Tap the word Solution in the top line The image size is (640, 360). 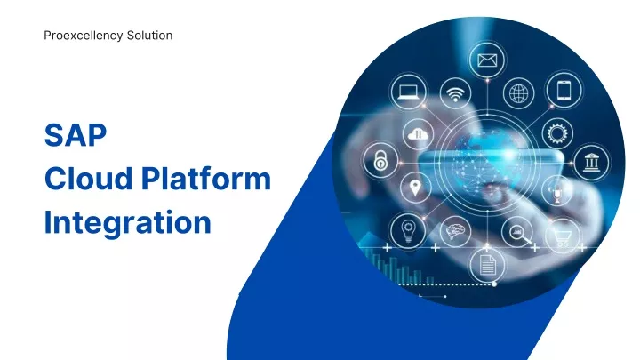150,36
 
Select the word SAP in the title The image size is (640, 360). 76,135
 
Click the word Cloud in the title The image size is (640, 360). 88,179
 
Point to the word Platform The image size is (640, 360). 206,179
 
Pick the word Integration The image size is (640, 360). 127,223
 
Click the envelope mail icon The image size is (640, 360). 487,60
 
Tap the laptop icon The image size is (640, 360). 408,92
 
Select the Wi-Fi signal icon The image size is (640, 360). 455,94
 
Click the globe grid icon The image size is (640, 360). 518,94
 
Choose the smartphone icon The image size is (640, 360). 564,90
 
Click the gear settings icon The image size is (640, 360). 557,133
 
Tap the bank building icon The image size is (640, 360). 591,163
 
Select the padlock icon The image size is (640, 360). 380,160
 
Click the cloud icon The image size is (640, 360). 418,134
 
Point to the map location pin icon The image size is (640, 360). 415,188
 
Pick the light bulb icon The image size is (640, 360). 408,230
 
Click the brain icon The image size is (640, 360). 455,231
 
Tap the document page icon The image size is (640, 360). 486,265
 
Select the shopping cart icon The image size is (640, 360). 563,236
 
